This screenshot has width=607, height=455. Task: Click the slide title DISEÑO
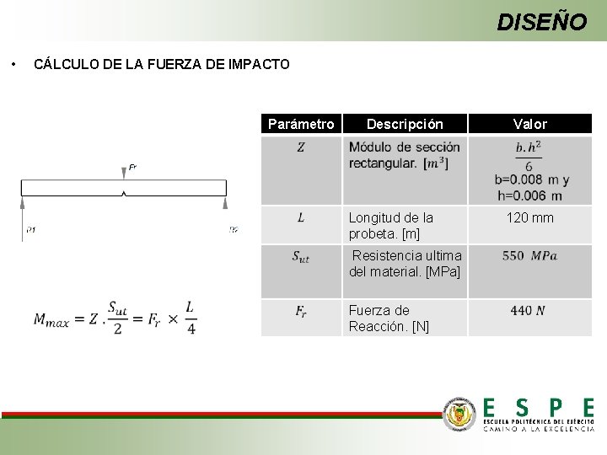(x=541, y=21)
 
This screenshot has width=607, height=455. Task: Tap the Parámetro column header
(x=300, y=124)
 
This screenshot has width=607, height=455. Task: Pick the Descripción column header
(x=404, y=124)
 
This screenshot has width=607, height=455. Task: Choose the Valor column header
(x=530, y=124)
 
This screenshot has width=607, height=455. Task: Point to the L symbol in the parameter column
(x=301, y=218)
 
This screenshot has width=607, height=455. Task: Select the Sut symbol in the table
(x=301, y=257)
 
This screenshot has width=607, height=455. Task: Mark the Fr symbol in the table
(x=301, y=311)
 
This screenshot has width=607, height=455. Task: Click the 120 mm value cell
(x=530, y=218)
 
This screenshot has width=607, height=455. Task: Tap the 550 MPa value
(x=529, y=255)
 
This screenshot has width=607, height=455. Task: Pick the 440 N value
(x=528, y=311)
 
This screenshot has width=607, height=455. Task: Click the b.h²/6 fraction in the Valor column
(x=529, y=156)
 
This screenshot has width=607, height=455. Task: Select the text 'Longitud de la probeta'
(x=391, y=226)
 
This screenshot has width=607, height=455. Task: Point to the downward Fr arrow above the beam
(x=124, y=172)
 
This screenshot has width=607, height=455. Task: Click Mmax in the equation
(x=55, y=318)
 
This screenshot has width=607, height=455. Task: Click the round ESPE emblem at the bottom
(x=459, y=414)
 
